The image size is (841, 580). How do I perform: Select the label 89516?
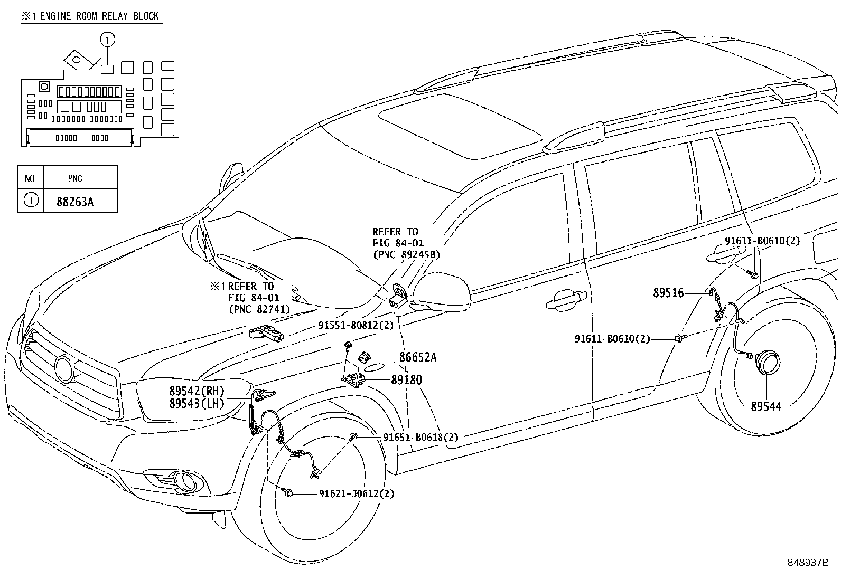click(668, 293)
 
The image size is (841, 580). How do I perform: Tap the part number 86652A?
click(417, 357)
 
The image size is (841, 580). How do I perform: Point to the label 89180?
click(406, 380)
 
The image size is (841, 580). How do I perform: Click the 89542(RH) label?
click(197, 391)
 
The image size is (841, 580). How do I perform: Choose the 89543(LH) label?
click(197, 404)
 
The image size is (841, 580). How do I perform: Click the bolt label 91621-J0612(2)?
click(356, 494)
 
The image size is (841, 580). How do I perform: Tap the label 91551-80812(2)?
click(356, 326)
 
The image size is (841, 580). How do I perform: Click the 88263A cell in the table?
click(75, 201)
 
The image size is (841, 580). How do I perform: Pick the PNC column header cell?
click(75, 178)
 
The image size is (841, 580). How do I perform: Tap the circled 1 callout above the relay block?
click(107, 39)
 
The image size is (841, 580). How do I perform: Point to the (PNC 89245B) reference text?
click(406, 254)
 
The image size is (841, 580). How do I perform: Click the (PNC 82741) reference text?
click(259, 309)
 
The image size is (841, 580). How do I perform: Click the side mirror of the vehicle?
click(441, 290)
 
